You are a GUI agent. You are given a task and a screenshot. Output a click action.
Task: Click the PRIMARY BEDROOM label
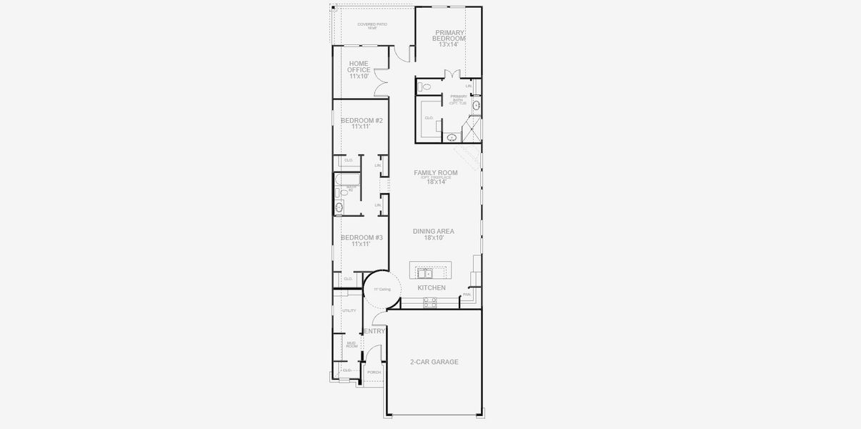[449, 35]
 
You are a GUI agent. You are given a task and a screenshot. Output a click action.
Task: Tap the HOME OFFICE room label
[359, 66]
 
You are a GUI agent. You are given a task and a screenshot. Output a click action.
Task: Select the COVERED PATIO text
[372, 24]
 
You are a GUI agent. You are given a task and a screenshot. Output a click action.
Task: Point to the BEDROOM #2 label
[361, 121]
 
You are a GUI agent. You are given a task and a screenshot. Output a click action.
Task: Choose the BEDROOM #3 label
[361, 237]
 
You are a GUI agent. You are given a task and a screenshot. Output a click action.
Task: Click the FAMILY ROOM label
[435, 173]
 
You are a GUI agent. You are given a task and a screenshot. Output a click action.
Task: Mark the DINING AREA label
[434, 232]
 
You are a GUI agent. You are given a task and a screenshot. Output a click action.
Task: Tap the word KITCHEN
[432, 288]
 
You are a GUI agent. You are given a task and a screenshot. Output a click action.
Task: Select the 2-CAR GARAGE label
[434, 362]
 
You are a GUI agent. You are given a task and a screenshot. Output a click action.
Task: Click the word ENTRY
[375, 331]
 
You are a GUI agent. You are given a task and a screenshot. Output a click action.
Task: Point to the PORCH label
[374, 373]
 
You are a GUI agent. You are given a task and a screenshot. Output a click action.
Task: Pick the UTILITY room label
[349, 311]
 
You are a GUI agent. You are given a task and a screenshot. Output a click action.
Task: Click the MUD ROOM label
[352, 345]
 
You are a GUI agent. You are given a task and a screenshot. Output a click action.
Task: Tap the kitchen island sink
[424, 272]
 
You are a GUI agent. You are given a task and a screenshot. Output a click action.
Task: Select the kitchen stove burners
[429, 302]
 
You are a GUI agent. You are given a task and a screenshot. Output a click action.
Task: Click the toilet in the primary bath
[426, 87]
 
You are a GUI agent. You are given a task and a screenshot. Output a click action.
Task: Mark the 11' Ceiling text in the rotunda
[382, 290]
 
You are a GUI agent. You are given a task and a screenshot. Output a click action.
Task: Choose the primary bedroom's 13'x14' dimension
[449, 44]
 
